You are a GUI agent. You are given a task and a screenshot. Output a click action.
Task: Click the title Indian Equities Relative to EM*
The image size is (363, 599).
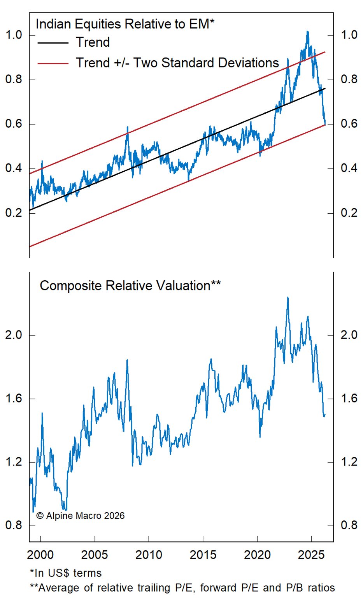point(125,24)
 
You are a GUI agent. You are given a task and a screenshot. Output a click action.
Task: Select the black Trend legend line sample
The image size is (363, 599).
point(53,42)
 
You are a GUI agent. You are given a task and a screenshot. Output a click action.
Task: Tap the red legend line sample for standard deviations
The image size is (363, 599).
point(53,63)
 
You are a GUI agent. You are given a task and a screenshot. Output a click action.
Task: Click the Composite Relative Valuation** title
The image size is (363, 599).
point(130,286)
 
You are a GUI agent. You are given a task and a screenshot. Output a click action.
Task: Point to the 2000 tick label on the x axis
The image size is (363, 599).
point(40,555)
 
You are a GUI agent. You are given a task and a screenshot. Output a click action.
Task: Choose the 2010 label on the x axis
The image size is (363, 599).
point(149,555)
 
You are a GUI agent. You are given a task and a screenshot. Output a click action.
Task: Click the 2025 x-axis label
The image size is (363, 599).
point(311,555)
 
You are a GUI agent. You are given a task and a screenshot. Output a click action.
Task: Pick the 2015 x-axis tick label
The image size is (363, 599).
point(203,555)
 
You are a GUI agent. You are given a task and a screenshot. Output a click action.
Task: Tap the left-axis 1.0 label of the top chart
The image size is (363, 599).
point(14,35)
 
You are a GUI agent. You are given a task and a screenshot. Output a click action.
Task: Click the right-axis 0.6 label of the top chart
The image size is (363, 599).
point(349,124)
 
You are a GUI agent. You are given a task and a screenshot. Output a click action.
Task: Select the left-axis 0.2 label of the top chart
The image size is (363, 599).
point(14,213)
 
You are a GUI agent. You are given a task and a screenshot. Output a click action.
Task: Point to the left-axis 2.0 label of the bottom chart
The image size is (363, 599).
point(14,335)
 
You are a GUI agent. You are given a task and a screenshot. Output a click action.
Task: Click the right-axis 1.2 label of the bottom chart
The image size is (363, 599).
point(349,462)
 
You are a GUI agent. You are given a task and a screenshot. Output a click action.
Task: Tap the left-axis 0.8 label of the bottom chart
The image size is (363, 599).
point(14,525)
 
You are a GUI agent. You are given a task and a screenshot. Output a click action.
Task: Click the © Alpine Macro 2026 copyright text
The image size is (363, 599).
point(81,516)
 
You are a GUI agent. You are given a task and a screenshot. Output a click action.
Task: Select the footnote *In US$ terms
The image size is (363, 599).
point(66,573)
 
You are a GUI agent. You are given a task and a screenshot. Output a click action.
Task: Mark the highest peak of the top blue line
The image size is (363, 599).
point(307,32)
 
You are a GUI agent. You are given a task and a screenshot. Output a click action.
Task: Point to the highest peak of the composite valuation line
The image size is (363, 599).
point(288,297)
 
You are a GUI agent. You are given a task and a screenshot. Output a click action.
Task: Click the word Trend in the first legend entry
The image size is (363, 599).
point(93,42)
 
